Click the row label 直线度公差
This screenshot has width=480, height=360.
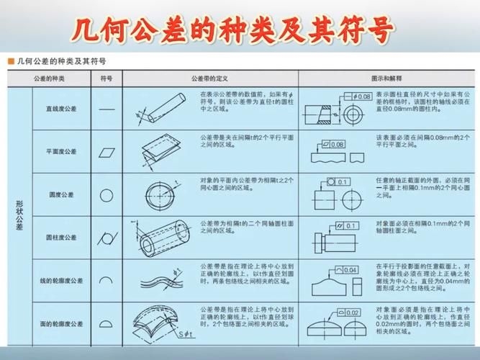(x=61, y=109)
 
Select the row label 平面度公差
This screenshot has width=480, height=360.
(x=61, y=152)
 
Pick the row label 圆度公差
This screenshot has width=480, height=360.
(x=61, y=194)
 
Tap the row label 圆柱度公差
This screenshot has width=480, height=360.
(x=61, y=237)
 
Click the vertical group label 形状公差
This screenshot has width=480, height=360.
(x=19, y=215)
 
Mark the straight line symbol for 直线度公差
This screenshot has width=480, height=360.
(x=107, y=109)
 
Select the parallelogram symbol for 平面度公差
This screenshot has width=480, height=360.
(x=107, y=152)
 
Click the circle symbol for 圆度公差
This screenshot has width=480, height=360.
(x=107, y=194)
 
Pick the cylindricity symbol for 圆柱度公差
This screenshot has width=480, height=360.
(x=107, y=237)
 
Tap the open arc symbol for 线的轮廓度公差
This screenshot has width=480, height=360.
(x=107, y=280)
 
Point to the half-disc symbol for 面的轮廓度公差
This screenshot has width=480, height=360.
(x=107, y=323)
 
